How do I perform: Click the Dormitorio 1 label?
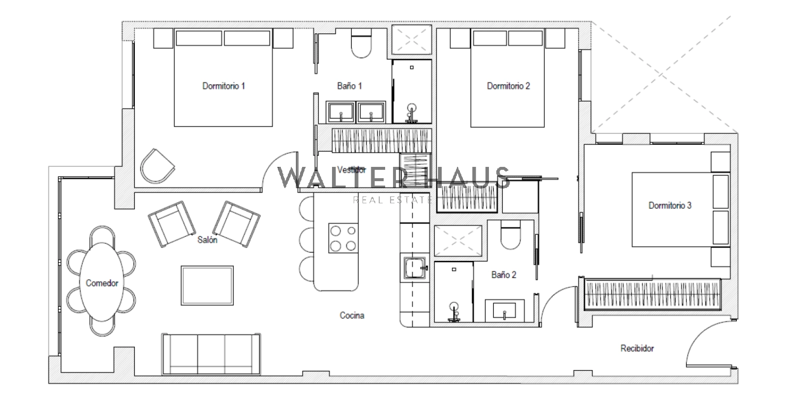(x=223, y=86)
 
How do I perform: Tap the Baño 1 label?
(x=349, y=86)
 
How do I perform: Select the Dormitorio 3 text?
(x=669, y=206)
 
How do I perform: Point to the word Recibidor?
(x=637, y=349)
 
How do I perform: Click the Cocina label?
(x=352, y=315)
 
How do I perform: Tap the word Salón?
(x=207, y=240)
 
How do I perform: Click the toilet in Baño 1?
(x=361, y=43)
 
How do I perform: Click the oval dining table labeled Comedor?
(x=102, y=282)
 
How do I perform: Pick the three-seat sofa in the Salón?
(x=211, y=354)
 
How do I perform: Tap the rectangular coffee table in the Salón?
(x=207, y=286)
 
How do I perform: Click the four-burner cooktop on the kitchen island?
(x=343, y=238)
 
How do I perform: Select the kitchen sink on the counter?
(x=415, y=268)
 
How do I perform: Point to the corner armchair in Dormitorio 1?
(x=157, y=166)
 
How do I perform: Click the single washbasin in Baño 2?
(x=505, y=310)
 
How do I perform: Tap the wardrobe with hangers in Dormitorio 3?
(x=653, y=294)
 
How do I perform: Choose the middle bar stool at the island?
(x=306, y=240)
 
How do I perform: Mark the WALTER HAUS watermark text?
(x=393, y=178)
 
